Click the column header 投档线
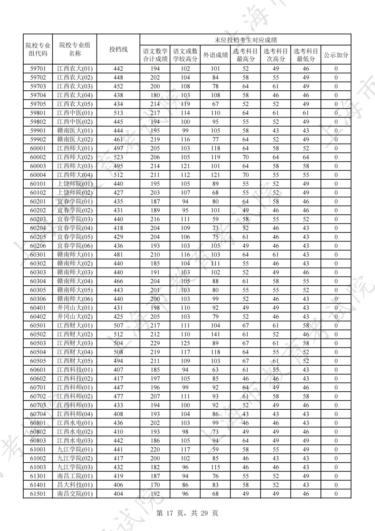[118, 49]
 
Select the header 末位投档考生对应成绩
[245, 40]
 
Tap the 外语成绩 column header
[215, 55]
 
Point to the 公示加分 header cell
[336, 55]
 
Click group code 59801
[38, 113]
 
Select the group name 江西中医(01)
[75, 113]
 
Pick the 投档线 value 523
[118, 157]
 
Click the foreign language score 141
[215, 334]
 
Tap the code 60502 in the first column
[38, 334]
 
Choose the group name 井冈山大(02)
[75, 317]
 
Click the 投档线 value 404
[118, 494]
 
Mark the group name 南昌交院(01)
[75, 494]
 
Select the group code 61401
[38, 485]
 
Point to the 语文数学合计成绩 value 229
[155, 343]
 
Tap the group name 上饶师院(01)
[75, 184]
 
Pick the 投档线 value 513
[118, 113]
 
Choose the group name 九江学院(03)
[75, 467]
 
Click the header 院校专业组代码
[38, 49]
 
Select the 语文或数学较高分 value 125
[185, 343]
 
